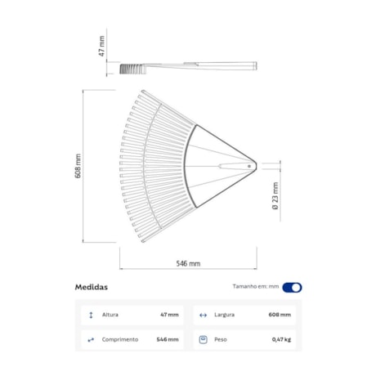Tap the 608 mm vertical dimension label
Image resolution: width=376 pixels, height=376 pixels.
click(x=78, y=166)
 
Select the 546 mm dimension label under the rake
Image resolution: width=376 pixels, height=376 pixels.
click(x=188, y=264)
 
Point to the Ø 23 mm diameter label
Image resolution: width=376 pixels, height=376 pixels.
click(x=276, y=197)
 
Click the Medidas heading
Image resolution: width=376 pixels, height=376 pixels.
click(x=91, y=287)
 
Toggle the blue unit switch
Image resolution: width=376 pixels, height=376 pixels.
click(x=292, y=287)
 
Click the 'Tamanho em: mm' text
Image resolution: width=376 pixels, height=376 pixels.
click(x=256, y=287)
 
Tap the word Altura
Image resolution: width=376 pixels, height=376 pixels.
click(x=110, y=314)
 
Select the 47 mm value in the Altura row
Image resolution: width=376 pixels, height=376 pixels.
click(x=169, y=314)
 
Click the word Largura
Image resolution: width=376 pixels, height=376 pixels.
click(x=226, y=314)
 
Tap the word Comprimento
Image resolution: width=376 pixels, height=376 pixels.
click(x=120, y=338)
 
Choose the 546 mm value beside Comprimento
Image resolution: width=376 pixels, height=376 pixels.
click(x=168, y=338)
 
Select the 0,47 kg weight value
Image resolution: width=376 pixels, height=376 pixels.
click(x=281, y=338)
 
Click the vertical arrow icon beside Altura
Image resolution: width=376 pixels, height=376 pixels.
click(x=90, y=314)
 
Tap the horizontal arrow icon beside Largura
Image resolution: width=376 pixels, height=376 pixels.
click(x=203, y=314)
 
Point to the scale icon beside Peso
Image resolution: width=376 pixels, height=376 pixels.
click(x=203, y=338)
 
